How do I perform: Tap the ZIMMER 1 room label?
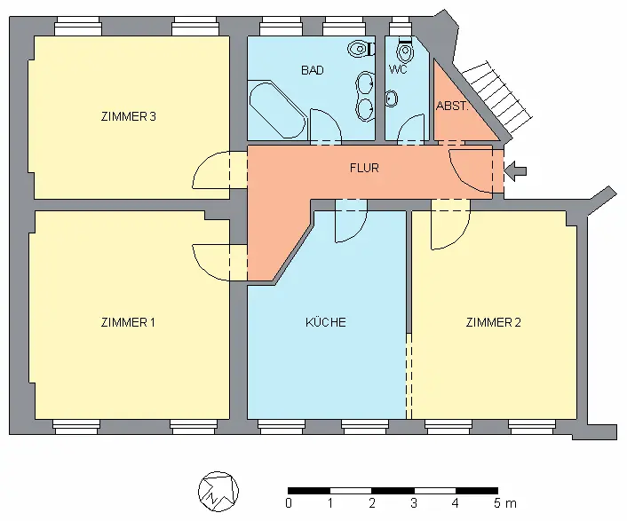[128, 322]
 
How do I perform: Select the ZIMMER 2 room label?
[493, 322]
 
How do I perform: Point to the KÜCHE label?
[326, 322]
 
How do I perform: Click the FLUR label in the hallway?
[364, 168]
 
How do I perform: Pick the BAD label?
[312, 70]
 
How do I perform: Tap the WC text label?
[398, 69]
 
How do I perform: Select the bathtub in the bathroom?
[276, 109]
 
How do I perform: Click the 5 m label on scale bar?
[503, 503]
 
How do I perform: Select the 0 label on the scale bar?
[289, 503]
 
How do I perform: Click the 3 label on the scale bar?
[414, 503]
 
